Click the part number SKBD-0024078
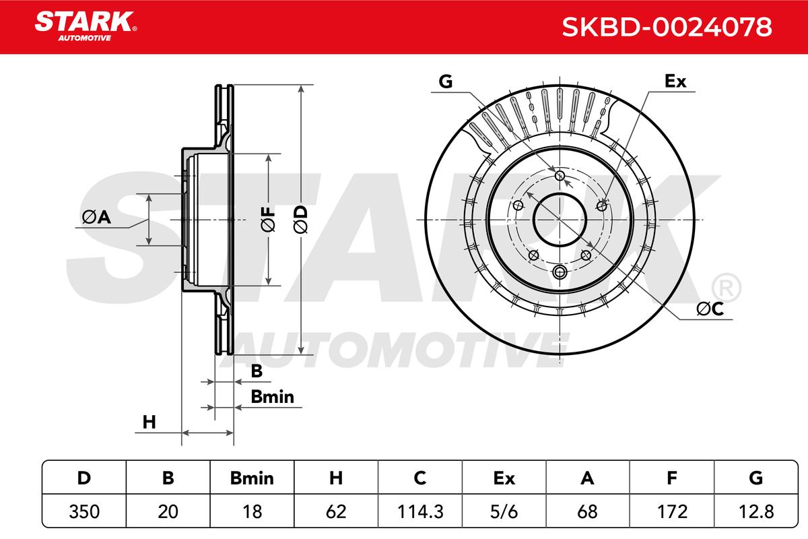click(667, 27)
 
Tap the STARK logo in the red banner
click(86, 26)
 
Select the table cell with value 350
click(84, 511)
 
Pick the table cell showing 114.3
click(420, 511)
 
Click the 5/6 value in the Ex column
click(504, 511)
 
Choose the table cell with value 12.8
click(756, 511)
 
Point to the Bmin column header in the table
click(252, 478)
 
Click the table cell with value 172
click(672, 511)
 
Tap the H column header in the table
click(336, 478)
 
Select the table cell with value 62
click(336, 511)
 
